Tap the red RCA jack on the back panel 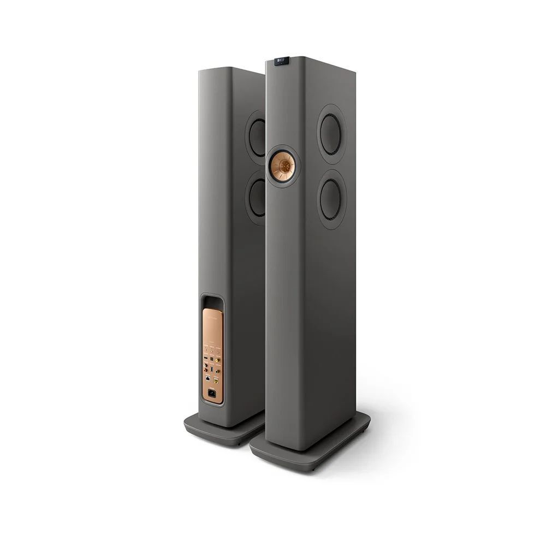206,370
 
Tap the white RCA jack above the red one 205,365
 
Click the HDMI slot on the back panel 206,358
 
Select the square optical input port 212,359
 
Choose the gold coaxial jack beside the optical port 217,360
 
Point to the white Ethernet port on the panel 208,378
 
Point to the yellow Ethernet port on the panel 216,381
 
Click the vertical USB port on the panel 212,369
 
